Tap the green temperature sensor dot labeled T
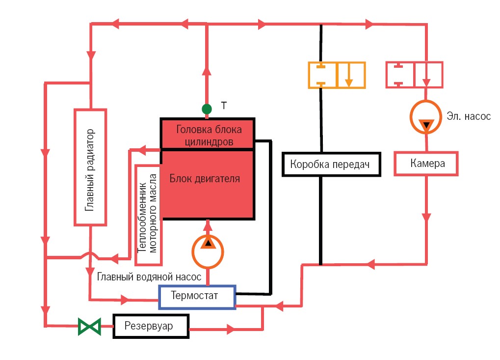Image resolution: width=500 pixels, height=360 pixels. (x=207, y=109)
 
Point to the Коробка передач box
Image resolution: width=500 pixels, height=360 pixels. (x=331, y=164)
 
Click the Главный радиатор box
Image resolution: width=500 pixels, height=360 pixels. (x=90, y=167)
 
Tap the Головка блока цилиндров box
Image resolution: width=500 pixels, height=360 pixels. (x=208, y=134)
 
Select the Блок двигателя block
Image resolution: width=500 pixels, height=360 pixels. (x=208, y=184)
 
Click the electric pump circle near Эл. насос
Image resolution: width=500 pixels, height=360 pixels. (x=426, y=118)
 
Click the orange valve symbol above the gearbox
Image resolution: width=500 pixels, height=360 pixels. (x=337, y=75)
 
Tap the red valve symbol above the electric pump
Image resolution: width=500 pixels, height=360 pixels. (x=415, y=74)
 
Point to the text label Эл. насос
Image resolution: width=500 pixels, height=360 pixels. (x=469, y=116)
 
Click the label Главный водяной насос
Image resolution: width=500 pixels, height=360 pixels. (x=149, y=277)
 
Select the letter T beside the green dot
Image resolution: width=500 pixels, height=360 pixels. (x=224, y=105)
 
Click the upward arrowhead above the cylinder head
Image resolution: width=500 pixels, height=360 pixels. (x=207, y=71)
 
